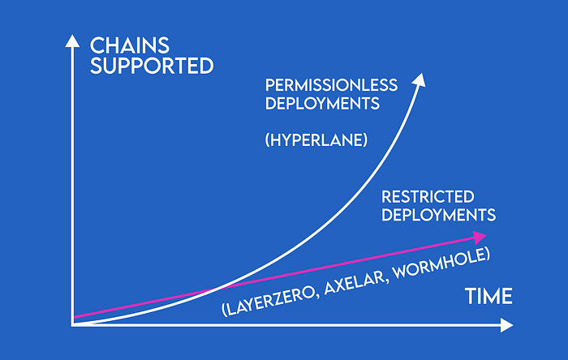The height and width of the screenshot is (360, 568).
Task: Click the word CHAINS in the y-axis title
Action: tap(129, 45)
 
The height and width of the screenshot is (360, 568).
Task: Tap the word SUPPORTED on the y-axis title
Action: tap(152, 66)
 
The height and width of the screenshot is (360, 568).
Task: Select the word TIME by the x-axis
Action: tap(488, 296)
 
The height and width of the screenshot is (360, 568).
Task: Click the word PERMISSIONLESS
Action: tap(331, 85)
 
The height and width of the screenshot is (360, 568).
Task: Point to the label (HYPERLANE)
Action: tap(316, 140)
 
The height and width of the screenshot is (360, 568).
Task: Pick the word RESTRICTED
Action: tap(428, 197)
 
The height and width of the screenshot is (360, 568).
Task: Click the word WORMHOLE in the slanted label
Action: tap(439, 264)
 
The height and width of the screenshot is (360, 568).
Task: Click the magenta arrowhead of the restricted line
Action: tap(480, 238)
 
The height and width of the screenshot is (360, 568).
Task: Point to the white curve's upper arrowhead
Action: tap(420, 80)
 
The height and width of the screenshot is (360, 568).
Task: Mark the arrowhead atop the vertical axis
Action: tap(72, 41)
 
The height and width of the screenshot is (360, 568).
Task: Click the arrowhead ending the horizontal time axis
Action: tap(507, 325)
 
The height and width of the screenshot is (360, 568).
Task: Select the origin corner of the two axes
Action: tap(72, 325)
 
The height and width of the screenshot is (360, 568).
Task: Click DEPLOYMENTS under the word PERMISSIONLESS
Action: tap(322, 104)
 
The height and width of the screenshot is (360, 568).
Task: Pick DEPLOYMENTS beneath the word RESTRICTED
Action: tap(439, 215)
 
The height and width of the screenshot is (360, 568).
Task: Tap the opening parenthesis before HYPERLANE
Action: tap(267, 140)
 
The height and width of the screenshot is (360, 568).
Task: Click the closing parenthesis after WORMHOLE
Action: tap(487, 254)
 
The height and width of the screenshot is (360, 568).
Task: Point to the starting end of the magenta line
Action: tap(74, 317)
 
